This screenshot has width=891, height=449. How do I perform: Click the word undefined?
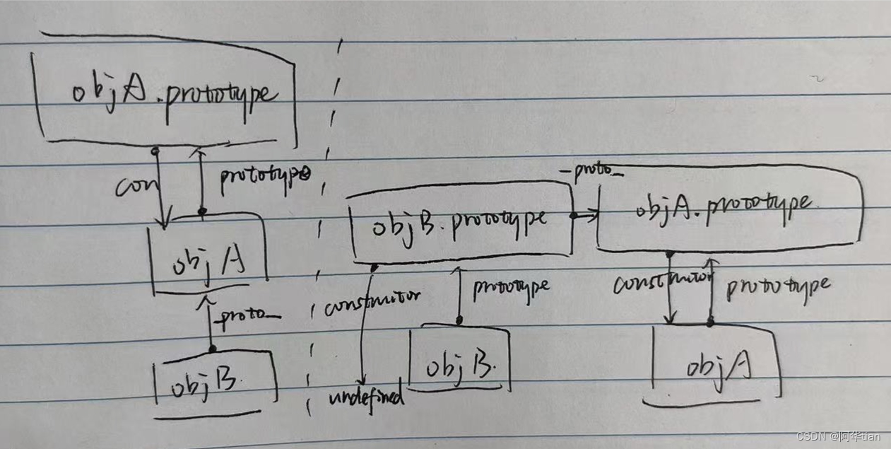coord(366,397)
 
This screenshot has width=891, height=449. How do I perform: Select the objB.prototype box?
coord(459,220)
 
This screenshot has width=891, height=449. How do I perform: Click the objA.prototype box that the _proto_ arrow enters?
coord(728,209)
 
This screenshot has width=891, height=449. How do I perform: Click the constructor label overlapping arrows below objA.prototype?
coord(661,284)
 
